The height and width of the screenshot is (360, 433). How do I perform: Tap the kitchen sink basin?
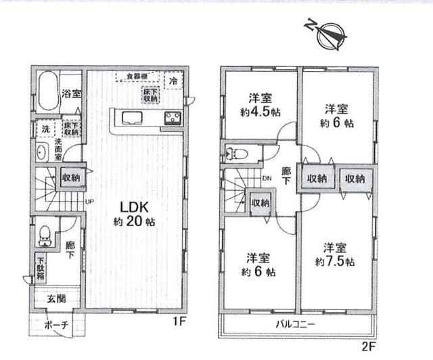[x=132, y=120]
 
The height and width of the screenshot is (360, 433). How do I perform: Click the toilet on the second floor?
[x=237, y=153]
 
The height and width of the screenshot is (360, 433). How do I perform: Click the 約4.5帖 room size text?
[x=256, y=113]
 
